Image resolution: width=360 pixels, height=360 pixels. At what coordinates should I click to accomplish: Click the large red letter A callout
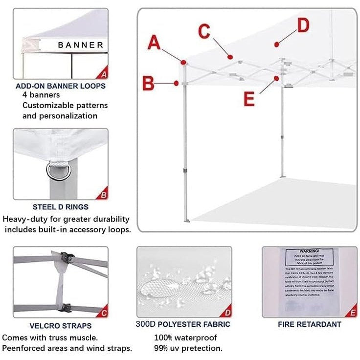tap(155, 43)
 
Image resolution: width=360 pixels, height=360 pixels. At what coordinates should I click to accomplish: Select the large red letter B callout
tap(149, 83)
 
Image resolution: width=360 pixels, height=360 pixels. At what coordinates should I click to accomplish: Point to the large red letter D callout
tap(303, 25)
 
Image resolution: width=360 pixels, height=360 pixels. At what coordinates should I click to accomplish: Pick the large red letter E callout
tap(249, 99)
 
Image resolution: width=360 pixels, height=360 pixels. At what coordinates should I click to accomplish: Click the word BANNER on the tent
tap(81, 45)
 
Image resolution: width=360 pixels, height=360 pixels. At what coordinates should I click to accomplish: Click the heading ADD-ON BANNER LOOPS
tap(61, 86)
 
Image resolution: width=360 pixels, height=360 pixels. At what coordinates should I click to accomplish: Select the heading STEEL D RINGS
tap(61, 207)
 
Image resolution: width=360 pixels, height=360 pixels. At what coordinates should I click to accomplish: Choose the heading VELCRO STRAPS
tap(61, 326)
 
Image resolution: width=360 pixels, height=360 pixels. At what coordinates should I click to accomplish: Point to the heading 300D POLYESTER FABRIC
tap(183, 324)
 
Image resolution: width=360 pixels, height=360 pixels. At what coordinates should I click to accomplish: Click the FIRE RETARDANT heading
tap(310, 324)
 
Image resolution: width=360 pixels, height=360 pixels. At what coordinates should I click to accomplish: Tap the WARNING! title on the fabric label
tap(309, 250)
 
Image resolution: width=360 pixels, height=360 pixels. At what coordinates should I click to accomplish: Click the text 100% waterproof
tap(185, 337)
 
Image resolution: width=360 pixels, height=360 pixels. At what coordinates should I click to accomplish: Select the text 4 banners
tap(41, 95)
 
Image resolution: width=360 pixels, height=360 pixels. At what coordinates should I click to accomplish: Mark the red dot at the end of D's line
tap(277, 45)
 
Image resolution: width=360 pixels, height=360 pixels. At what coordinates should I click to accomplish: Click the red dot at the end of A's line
tap(183, 63)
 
